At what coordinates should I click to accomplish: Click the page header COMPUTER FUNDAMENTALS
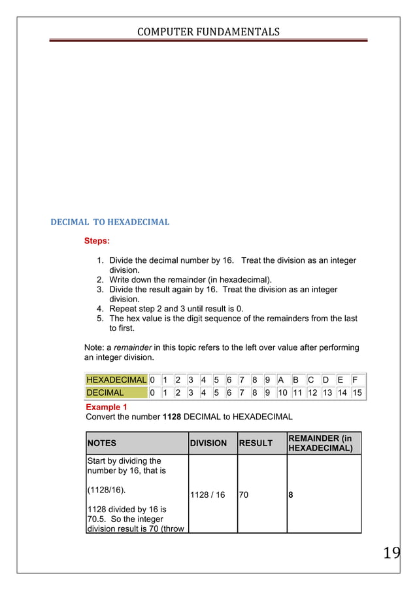[208, 31]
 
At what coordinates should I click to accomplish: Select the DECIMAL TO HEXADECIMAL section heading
[110, 222]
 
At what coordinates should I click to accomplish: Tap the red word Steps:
[97, 241]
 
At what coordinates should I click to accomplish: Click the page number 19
[392, 554]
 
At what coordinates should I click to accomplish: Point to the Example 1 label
[107, 407]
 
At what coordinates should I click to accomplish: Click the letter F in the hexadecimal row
[354, 379]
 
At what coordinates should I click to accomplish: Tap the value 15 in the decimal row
[357, 392]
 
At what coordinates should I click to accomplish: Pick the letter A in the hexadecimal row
[280, 379]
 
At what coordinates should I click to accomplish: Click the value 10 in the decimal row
[282, 392]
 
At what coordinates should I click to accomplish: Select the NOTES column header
[102, 443]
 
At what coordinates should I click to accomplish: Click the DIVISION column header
[208, 443]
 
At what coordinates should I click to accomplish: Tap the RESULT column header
[256, 443]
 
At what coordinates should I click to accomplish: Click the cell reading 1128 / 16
[207, 495]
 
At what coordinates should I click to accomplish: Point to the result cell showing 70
[244, 495]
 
